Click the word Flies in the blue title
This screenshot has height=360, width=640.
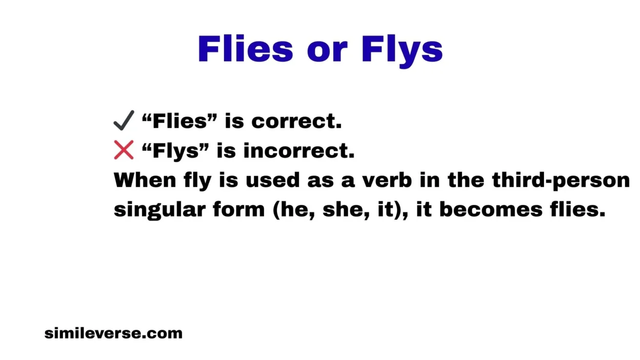[x=246, y=49]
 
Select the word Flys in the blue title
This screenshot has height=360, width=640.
[x=402, y=51]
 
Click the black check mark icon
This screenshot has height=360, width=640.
[x=124, y=121]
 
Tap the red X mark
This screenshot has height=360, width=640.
[x=124, y=150]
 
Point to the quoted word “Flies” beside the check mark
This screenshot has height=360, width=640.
[x=179, y=121]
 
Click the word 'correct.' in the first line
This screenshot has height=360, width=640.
[x=296, y=122]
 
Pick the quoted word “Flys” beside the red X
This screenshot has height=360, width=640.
[x=175, y=151]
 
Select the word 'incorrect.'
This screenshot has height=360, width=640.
[x=299, y=151]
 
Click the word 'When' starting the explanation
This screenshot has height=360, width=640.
[x=145, y=180]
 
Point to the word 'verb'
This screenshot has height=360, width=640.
[x=387, y=180]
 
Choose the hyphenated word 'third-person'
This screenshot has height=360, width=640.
[x=561, y=181]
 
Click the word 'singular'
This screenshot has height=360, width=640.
[x=159, y=211]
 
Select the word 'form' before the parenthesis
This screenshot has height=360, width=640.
[x=239, y=209]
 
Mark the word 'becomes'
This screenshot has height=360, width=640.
[x=491, y=209]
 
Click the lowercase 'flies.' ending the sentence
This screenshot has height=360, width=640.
[x=577, y=209]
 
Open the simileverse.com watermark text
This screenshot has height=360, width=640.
[x=113, y=333]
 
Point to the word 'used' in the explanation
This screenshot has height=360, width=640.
[x=273, y=180]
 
